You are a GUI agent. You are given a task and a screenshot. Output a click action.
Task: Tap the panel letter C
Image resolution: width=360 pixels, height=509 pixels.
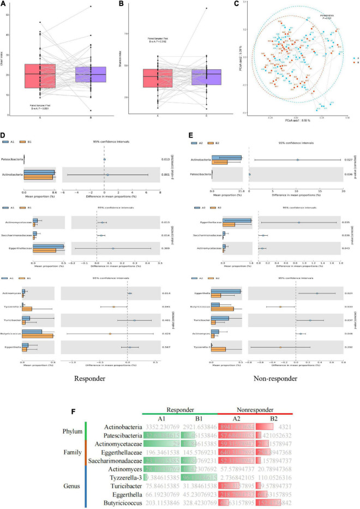[x=236, y=4]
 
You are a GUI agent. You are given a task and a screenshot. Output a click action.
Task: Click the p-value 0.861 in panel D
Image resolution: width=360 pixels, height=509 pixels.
[x=165, y=175]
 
